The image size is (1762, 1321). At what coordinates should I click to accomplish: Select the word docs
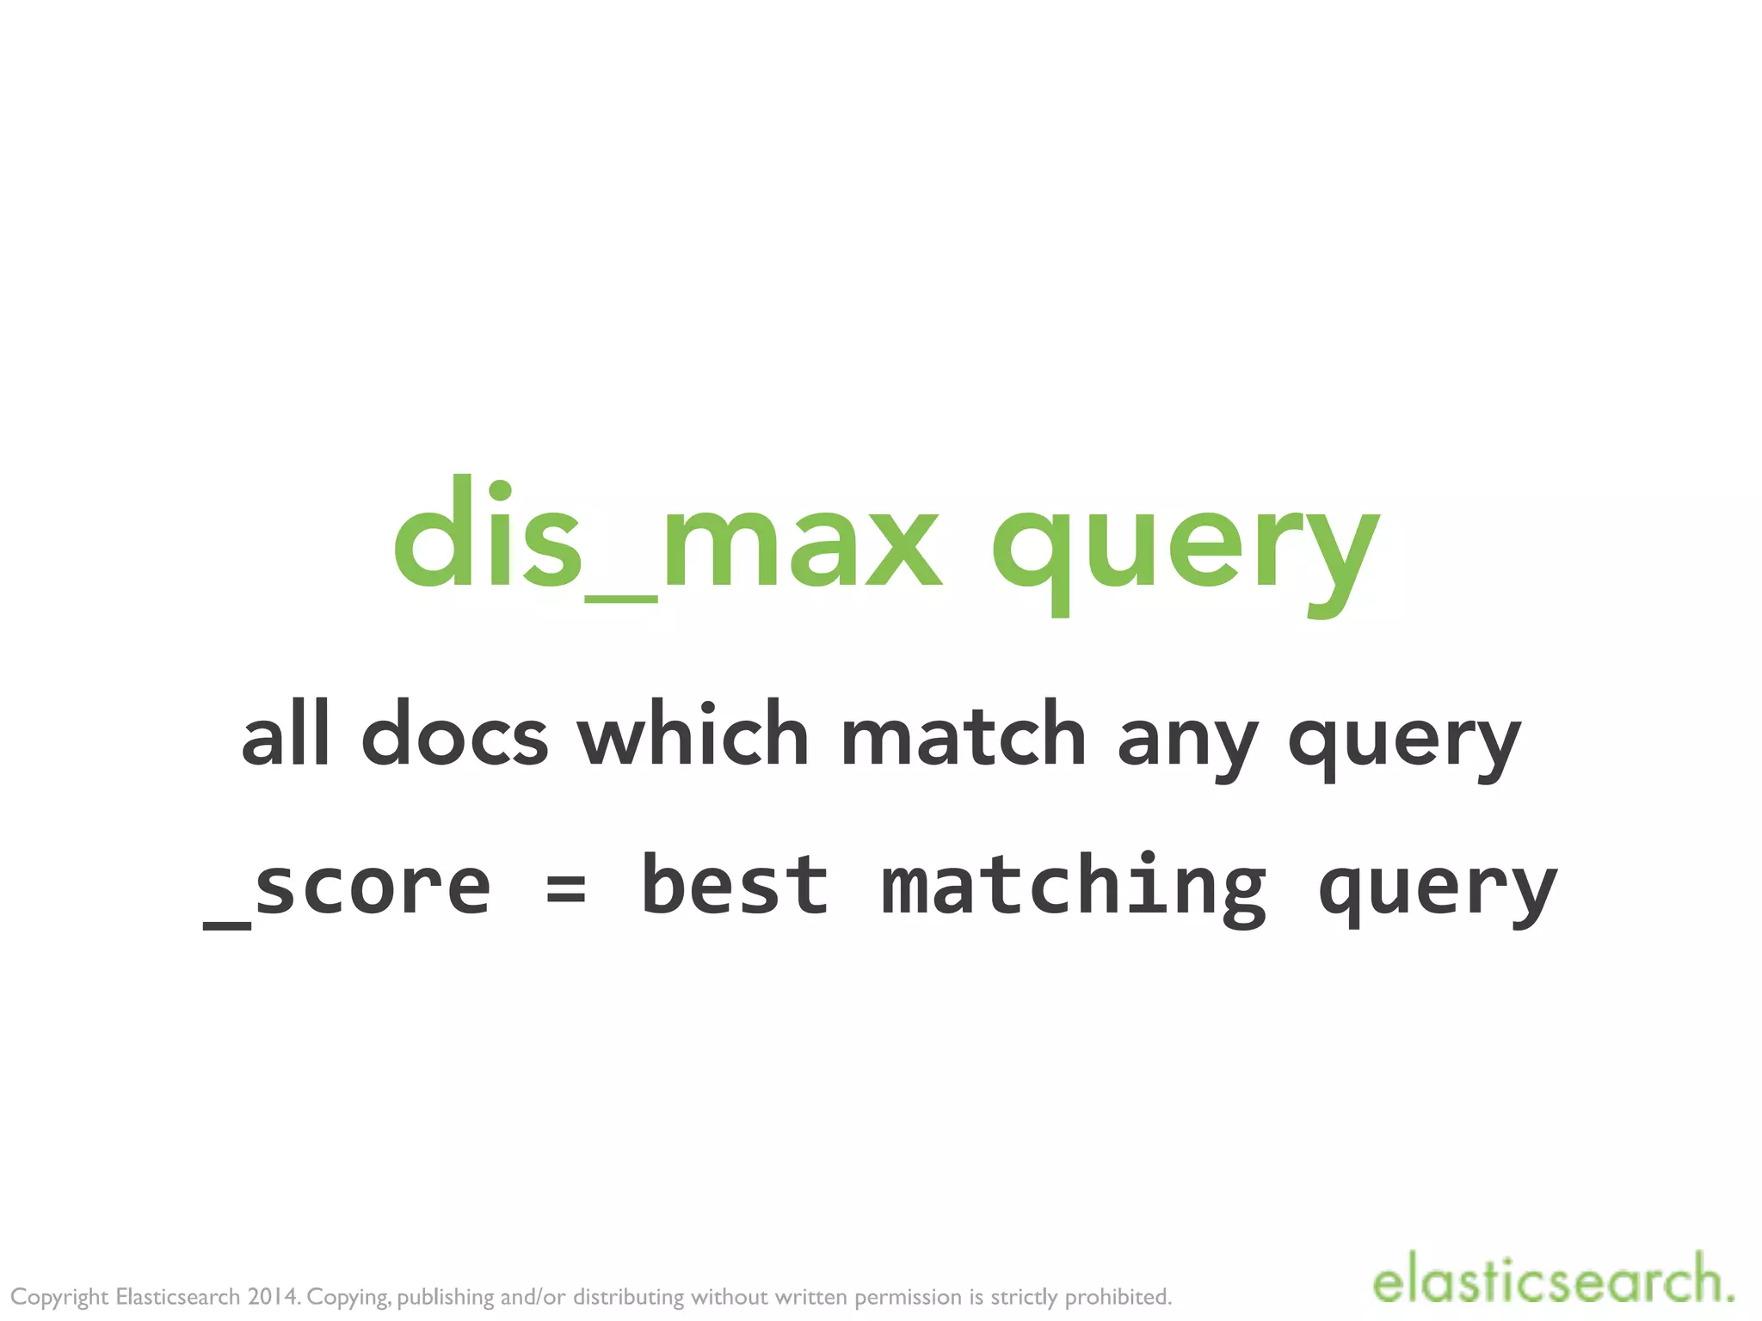tap(454, 735)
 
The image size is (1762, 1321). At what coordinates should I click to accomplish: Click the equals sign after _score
tap(566, 889)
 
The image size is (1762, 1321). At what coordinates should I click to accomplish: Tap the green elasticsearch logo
tap(1553, 1281)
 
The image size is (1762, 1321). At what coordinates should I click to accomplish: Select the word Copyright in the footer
tap(59, 1297)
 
